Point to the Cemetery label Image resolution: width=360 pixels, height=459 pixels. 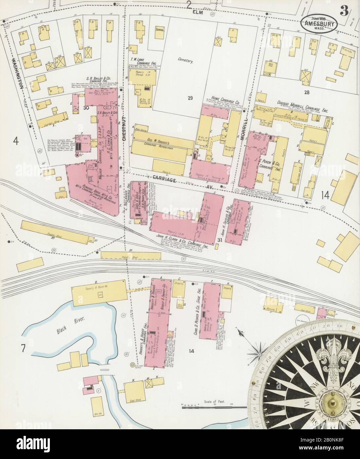[185, 61]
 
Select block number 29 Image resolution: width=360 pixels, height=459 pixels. [190, 97]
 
